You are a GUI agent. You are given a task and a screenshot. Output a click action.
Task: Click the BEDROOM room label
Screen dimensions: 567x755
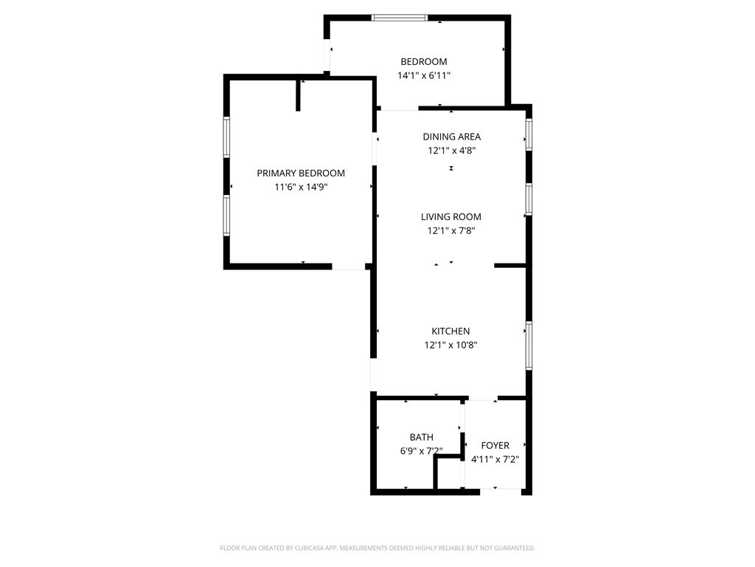[423, 62]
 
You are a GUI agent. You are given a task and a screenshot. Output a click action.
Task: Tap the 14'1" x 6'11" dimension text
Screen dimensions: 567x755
[423, 75]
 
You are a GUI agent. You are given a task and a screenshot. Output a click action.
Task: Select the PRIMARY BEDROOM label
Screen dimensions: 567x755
[301, 173]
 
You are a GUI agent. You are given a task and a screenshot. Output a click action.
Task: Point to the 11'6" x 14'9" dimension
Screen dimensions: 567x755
[301, 188]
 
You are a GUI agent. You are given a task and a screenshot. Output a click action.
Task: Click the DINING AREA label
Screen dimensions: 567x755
[451, 137]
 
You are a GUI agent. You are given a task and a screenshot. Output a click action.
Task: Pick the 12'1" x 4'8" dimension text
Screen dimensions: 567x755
[451, 151]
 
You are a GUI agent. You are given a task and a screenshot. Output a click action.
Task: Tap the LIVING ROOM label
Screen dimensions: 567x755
[451, 217]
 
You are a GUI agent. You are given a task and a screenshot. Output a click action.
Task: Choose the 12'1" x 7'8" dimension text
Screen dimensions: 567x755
[451, 231]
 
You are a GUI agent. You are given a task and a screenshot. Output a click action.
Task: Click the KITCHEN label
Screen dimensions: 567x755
[450, 331]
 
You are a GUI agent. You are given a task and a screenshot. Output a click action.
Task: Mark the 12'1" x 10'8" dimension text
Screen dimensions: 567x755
[450, 346]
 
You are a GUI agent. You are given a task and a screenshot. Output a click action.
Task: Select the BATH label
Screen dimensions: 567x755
[422, 437]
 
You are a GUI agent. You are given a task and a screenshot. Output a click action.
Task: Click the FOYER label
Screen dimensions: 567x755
[495, 446]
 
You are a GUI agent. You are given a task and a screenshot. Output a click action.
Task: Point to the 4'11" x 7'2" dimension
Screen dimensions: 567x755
[495, 459]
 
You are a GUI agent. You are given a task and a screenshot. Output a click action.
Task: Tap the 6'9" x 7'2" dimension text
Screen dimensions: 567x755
[421, 451]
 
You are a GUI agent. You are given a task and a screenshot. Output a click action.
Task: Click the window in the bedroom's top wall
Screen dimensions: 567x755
[400, 18]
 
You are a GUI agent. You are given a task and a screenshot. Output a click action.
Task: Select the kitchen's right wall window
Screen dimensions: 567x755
[529, 346]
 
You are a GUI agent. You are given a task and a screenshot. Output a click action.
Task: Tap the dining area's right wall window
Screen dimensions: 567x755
[529, 135]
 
